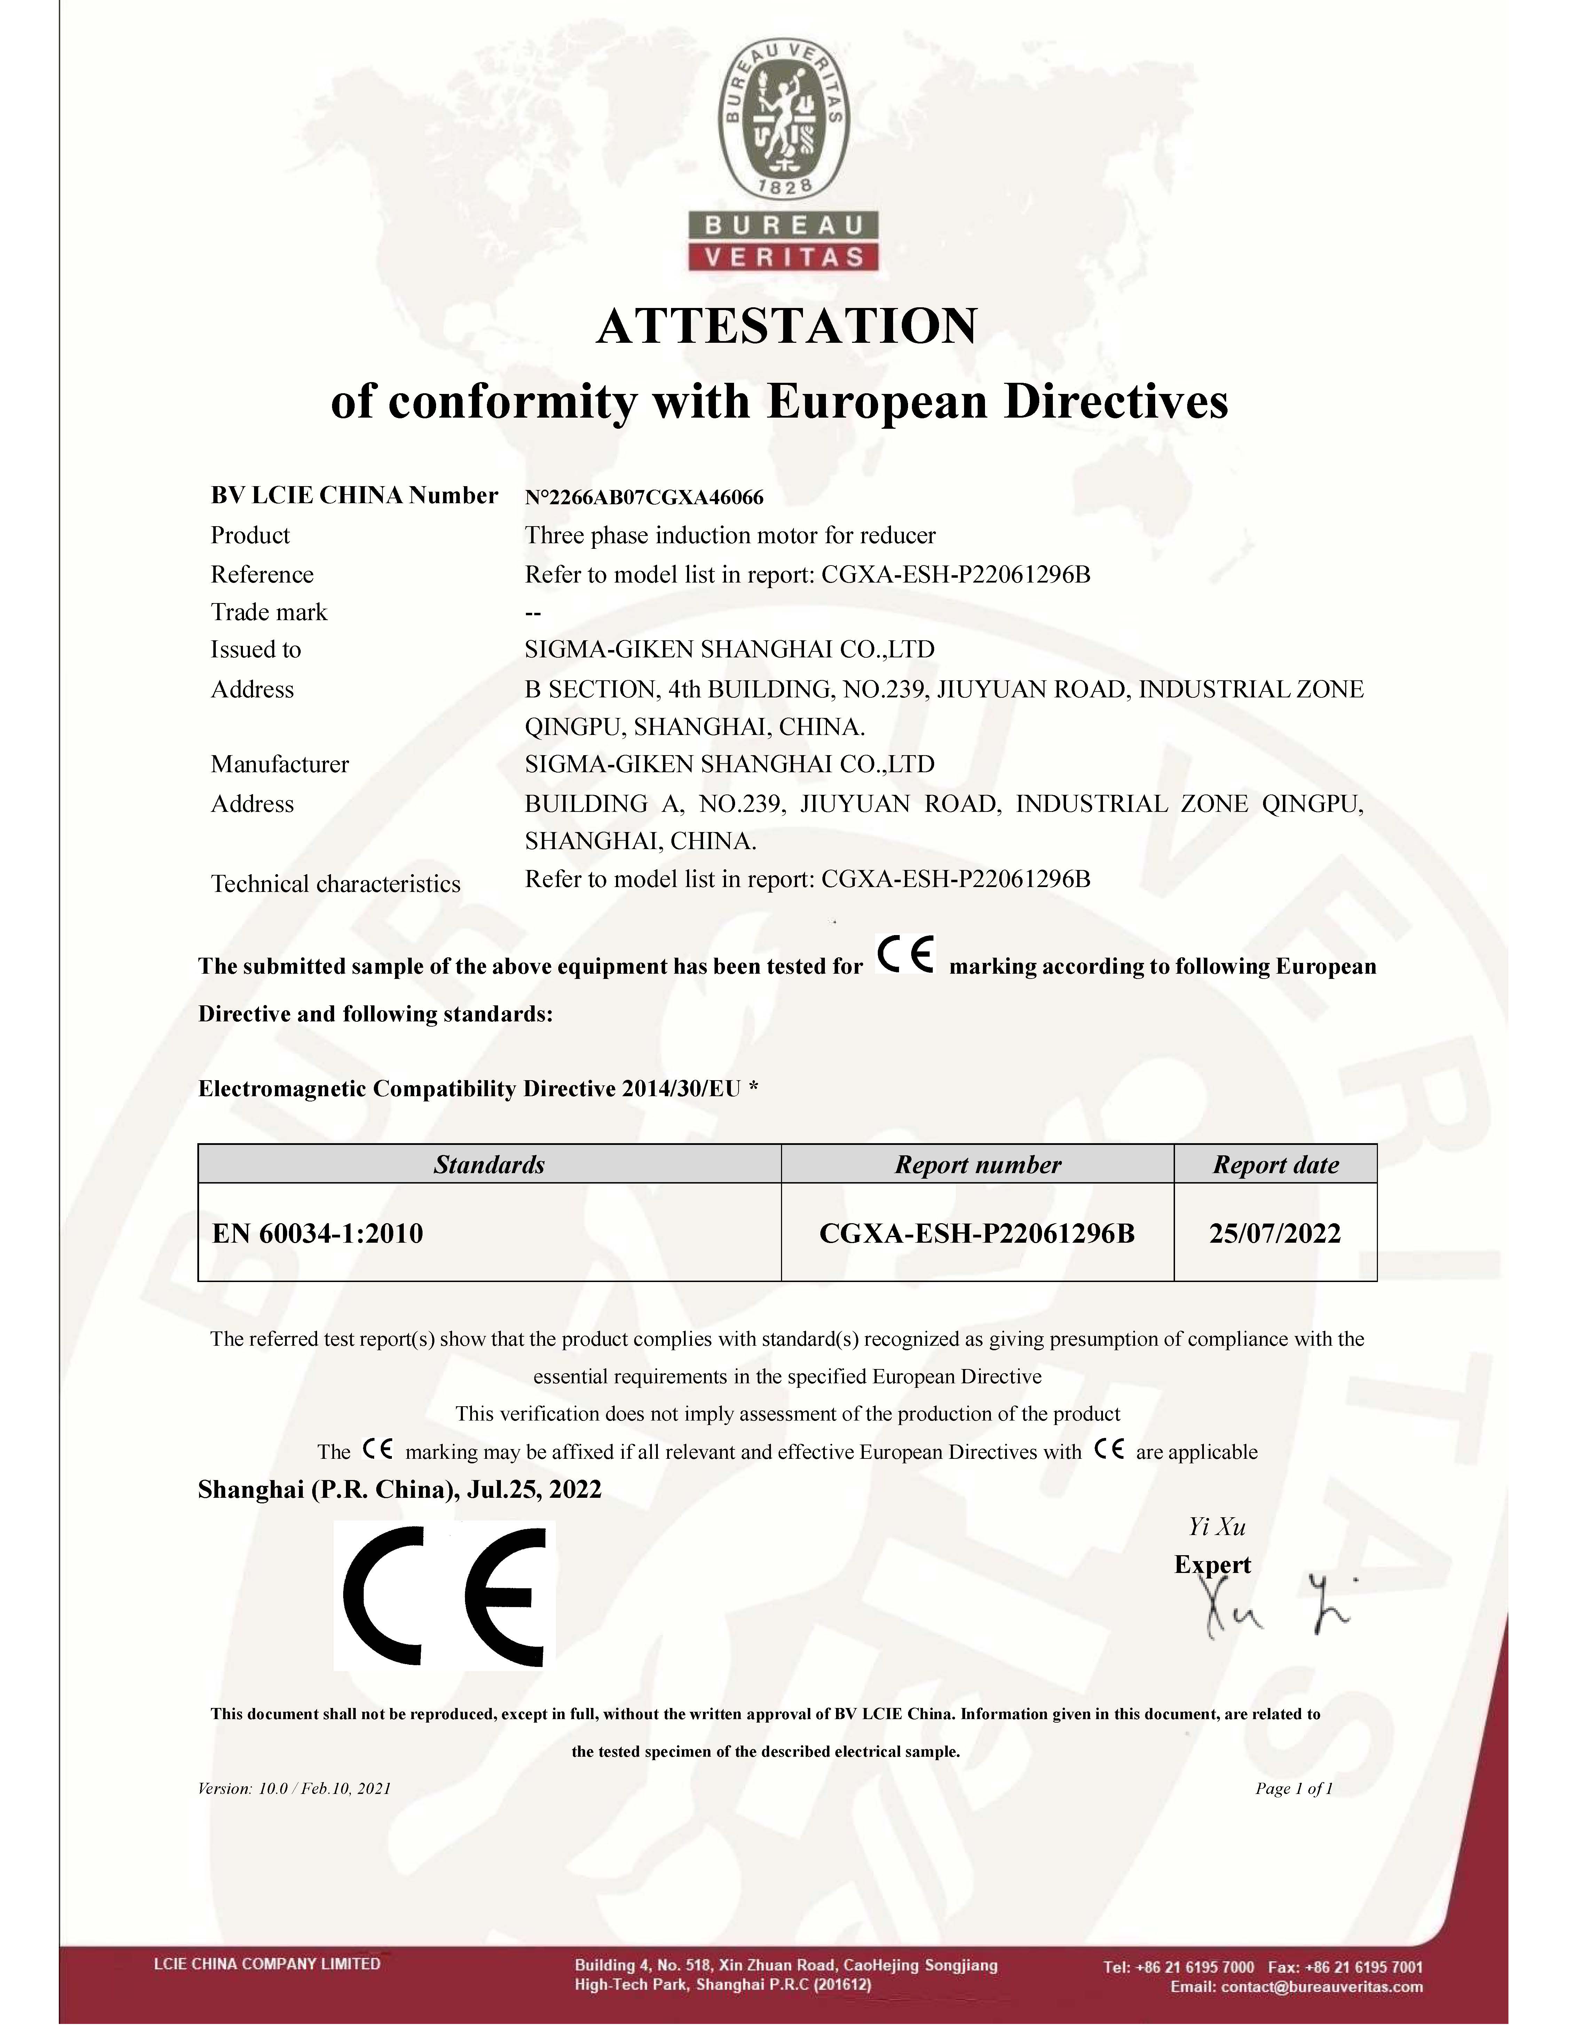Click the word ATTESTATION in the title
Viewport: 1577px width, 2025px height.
pyautogui.click(x=786, y=326)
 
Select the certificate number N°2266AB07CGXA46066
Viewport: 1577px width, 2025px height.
pyautogui.click(x=644, y=498)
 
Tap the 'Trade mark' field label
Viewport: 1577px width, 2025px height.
pyautogui.click(x=269, y=612)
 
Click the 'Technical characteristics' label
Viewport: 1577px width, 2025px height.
pyautogui.click(x=336, y=884)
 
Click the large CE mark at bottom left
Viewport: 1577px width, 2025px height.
pyautogui.click(x=445, y=1597)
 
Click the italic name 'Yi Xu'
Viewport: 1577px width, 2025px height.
pyautogui.click(x=1217, y=1526)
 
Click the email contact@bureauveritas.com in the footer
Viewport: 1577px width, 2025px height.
pyautogui.click(x=1296, y=1987)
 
